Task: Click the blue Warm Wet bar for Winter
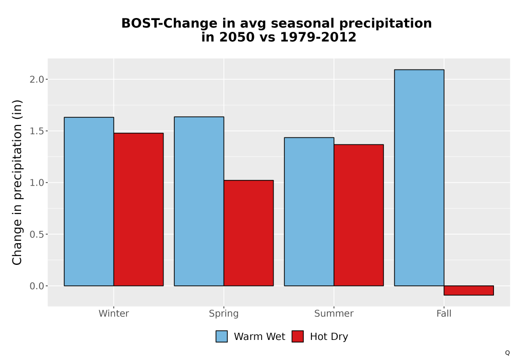89,201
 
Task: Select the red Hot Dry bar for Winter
138,209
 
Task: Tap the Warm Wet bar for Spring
199,201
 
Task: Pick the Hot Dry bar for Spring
248,233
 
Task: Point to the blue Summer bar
309,212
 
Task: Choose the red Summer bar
359,215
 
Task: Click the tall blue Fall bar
419,178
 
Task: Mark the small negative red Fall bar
469,291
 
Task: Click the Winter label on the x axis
114,313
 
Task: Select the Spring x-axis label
224,314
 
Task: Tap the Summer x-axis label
334,313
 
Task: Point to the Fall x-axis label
444,313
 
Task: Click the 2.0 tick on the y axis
36,79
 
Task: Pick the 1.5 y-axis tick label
36,131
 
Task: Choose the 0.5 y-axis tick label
36,235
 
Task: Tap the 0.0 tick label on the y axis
36,286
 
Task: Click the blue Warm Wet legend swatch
222,336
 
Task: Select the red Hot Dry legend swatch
298,336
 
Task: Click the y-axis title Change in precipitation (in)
17,182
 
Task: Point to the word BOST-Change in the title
169,23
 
